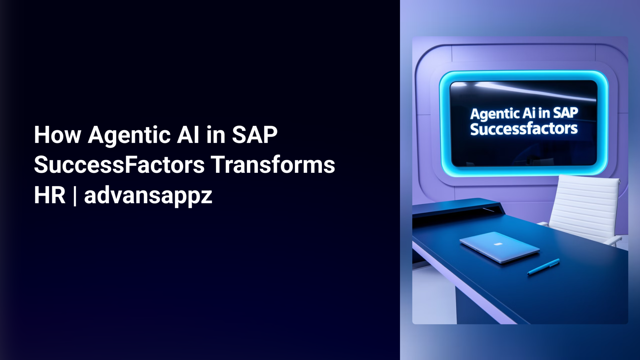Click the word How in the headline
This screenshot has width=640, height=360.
pyautogui.click(x=57, y=135)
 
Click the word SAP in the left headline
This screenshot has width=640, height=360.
pyautogui.click(x=254, y=135)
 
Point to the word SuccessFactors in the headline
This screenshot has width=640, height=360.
pyautogui.click(x=119, y=165)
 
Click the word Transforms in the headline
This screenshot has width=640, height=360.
pyautogui.click(x=273, y=165)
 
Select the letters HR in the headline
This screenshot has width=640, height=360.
pyautogui.click(x=49, y=195)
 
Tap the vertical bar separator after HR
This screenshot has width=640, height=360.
pyautogui.click(x=75, y=196)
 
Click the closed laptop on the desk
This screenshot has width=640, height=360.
pyautogui.click(x=499, y=247)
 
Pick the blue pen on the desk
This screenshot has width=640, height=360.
pyautogui.click(x=543, y=267)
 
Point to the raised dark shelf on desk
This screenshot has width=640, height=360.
pyautogui.click(x=456, y=207)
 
